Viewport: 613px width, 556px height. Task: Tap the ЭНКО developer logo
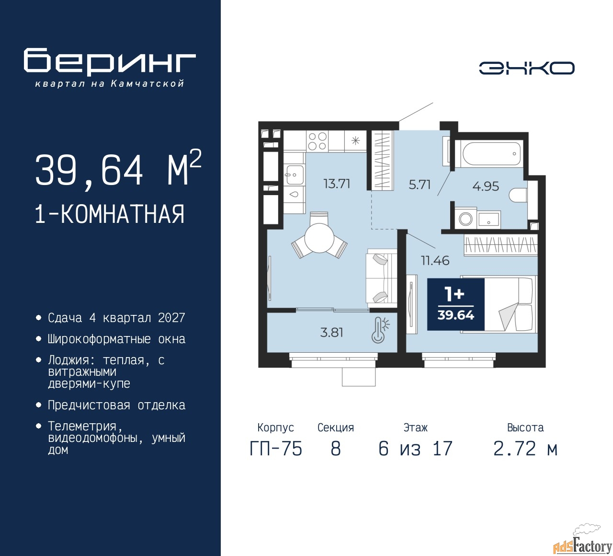[x=526, y=68]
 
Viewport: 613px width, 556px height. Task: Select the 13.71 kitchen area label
[x=337, y=184]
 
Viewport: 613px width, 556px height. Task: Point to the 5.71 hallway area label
[x=420, y=185]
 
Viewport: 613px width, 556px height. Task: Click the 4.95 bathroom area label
[x=486, y=186]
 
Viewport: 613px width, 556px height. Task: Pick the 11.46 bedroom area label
[x=435, y=261]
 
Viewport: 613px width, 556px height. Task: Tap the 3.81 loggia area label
[x=331, y=332]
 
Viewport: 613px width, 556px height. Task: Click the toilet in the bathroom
[x=518, y=195]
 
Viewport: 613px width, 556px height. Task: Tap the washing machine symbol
[x=465, y=219]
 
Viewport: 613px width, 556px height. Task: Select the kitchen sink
[x=294, y=174]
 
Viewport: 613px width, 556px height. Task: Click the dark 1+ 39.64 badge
[x=455, y=304]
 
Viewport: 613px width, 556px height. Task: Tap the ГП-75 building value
[x=276, y=449]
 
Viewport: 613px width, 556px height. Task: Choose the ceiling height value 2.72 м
[x=526, y=449]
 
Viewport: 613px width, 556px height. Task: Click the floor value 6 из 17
[x=415, y=449]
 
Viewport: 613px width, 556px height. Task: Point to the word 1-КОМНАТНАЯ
[x=110, y=214]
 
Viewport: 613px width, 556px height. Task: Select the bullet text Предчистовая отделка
[x=116, y=405]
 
